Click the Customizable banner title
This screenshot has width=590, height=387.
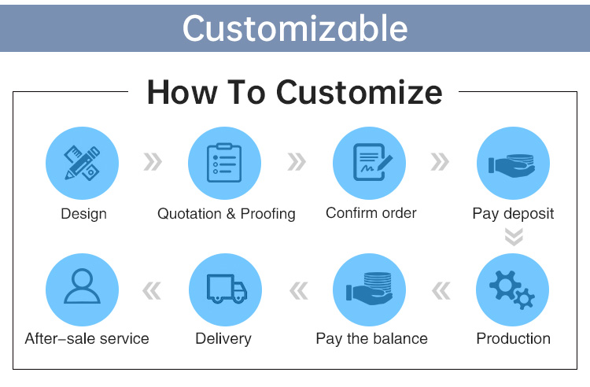pos(295,28)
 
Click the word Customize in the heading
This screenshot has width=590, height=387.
pos(359,93)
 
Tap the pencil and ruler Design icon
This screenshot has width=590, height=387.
pos(82,164)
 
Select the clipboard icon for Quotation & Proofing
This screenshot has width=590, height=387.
pos(224,163)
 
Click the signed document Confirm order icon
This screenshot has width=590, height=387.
pos(372,162)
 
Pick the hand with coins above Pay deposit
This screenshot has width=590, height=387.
pos(512,164)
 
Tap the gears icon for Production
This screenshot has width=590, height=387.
pos(512,290)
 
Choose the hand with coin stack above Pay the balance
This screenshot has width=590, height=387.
pos(370,289)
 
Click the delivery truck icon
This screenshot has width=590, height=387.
pos(227,289)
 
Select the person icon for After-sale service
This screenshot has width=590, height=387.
pos(82,286)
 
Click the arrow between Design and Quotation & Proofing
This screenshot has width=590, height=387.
pos(153,162)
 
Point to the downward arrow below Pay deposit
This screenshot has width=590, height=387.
pos(514,237)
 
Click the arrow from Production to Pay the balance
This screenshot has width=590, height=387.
pos(441,291)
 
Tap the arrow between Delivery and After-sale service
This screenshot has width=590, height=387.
pos(152,291)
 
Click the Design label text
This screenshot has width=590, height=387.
pos(83,214)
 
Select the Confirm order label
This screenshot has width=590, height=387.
pos(371,213)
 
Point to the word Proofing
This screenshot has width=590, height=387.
pos(268,214)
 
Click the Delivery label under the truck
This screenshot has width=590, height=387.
pos(223,338)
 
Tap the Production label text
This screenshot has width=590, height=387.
pos(513,338)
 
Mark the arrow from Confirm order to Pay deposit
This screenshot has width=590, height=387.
pos(440,162)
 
